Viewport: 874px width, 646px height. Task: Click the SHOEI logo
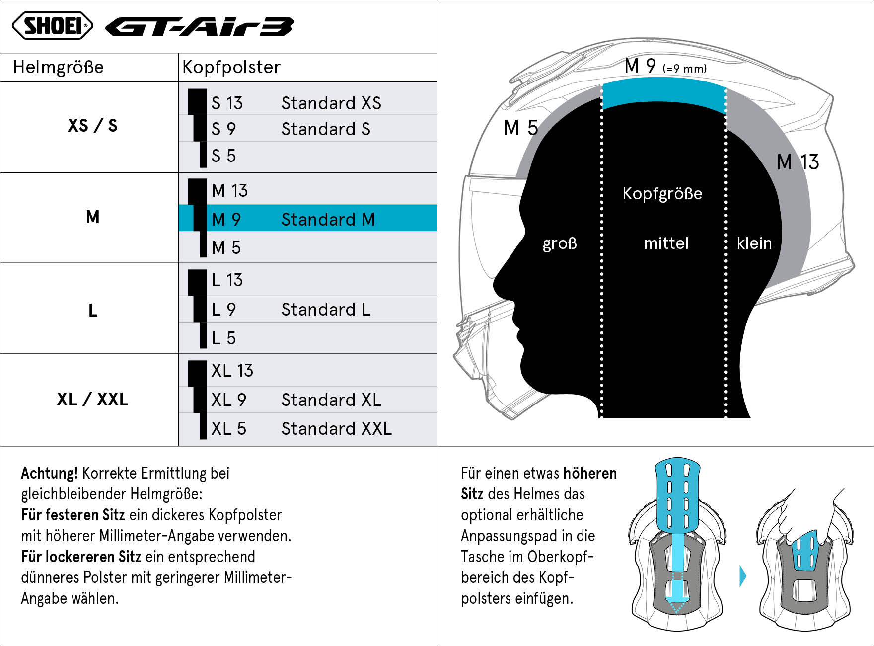pos(53,25)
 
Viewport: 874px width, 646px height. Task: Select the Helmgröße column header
pos(58,67)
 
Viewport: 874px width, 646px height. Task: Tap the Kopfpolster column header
pos(231,67)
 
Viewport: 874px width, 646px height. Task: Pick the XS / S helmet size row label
pos(92,125)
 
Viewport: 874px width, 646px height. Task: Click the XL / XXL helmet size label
pos(92,399)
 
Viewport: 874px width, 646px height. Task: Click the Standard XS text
pos(331,103)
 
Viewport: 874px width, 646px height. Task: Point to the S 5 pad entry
pos(223,156)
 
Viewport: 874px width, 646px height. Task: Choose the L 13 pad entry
pos(227,280)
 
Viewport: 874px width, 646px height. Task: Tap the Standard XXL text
pos(336,428)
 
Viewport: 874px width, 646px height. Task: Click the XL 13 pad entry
pos(232,370)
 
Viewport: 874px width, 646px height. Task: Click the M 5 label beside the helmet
pos(520,128)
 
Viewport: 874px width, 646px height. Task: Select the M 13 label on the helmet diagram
pos(798,162)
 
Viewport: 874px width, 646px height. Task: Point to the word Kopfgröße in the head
pos(662,193)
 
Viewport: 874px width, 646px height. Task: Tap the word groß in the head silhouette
pos(560,243)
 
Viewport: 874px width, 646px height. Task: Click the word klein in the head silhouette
pos(754,243)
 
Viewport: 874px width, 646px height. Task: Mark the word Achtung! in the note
pos(49,473)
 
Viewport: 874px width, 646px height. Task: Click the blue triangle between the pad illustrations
pos(743,576)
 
